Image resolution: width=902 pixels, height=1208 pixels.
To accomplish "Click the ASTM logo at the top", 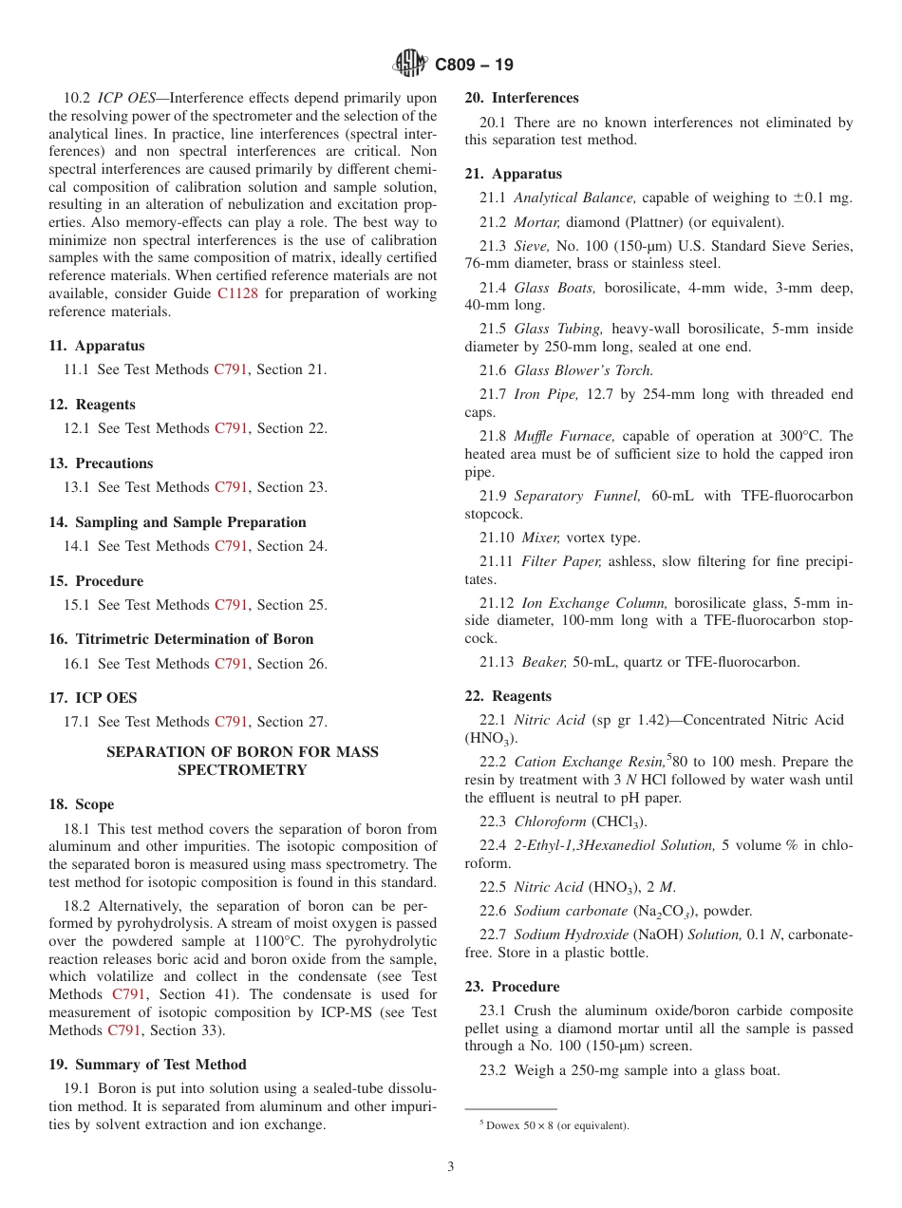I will (410, 65).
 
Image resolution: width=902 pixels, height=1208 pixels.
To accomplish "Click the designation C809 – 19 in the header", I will (474, 66).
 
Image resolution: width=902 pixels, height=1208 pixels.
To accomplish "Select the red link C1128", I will (236, 293).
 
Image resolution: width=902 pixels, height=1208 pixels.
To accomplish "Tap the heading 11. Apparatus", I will (97, 346).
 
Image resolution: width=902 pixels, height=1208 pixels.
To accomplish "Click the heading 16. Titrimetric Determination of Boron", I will (181, 639).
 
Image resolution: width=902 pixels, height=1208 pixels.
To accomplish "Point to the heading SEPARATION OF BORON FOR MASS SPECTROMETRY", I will (242, 761).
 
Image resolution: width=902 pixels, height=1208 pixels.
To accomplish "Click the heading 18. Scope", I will (82, 804).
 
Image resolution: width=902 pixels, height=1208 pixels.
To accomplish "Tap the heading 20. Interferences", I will (521, 98).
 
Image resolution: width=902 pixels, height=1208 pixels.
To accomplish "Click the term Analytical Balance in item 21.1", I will (574, 198).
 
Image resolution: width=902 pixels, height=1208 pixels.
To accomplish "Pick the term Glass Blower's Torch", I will (584, 370).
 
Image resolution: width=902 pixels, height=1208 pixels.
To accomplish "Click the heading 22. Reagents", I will (508, 696).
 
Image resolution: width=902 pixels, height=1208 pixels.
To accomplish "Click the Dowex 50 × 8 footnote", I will (554, 1125).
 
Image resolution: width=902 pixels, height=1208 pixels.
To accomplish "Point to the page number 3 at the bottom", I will (451, 1167).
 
